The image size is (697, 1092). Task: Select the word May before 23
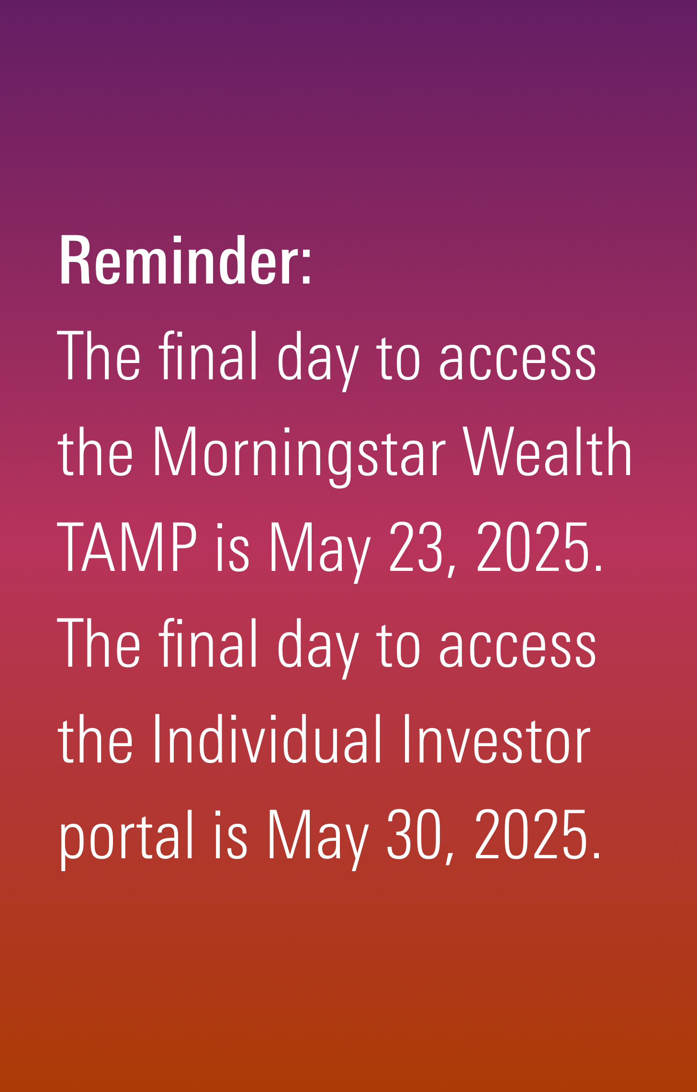pos(320,552)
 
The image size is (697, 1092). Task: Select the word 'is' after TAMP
pos(233,547)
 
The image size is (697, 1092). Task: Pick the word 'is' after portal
pos(231,835)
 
